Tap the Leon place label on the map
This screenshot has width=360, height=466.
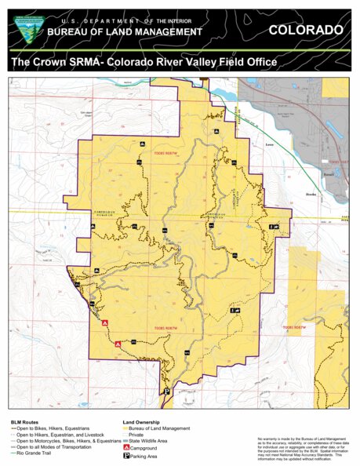click(x=270, y=145)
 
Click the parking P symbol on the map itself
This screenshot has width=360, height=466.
click(x=166, y=391)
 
